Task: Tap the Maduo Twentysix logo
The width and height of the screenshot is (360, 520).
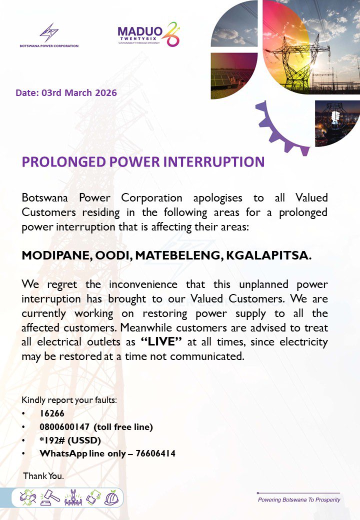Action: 147,34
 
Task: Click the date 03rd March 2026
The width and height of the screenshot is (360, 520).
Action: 66,93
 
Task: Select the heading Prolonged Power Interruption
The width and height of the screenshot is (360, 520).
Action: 142,162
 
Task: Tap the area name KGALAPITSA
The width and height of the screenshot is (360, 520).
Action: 268,255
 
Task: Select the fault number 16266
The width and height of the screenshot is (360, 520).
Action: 52,413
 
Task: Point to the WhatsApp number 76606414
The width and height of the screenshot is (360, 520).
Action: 155,453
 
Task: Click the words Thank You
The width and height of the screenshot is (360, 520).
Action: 43,476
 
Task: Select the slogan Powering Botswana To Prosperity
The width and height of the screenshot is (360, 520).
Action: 298,499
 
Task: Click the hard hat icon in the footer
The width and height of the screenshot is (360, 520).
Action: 110,497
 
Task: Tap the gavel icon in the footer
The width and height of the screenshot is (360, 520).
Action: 51,497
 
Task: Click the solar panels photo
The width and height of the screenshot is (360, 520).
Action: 233,75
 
